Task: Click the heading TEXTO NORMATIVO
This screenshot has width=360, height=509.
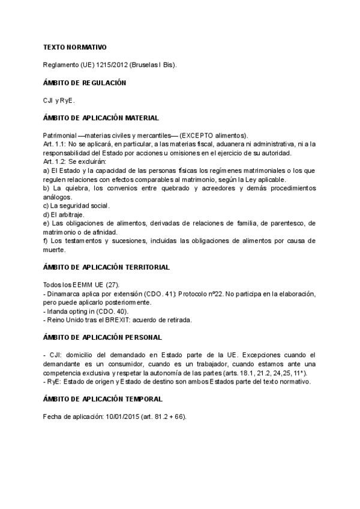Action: [76, 46]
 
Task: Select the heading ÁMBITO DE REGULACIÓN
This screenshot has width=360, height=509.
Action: [85, 82]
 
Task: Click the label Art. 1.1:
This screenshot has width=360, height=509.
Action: [55, 144]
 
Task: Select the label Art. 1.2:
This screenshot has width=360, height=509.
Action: [55, 162]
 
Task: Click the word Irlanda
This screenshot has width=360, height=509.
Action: [57, 312]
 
